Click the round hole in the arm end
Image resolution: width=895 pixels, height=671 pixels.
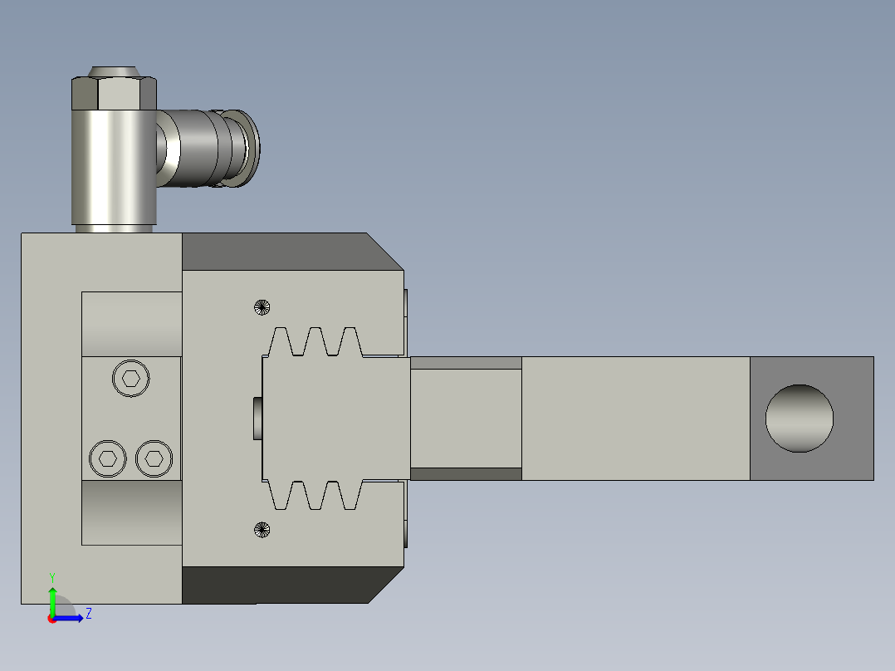click(799, 419)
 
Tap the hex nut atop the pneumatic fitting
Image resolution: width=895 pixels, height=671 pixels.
click(114, 93)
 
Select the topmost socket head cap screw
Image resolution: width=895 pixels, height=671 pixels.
click(130, 379)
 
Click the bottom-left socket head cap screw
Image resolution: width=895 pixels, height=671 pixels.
click(107, 458)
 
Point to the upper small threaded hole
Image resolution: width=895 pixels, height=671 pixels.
click(262, 306)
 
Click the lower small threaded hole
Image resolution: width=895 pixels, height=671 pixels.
click(262, 529)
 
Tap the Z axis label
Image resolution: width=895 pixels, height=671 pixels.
click(88, 614)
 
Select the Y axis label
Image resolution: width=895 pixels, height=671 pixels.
click(52, 576)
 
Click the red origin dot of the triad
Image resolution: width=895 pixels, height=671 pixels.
click(51, 619)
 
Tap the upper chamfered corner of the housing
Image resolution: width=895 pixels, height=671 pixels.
click(384, 252)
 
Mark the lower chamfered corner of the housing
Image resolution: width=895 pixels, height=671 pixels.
click(384, 586)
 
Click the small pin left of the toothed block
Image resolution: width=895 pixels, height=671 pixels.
click(257, 419)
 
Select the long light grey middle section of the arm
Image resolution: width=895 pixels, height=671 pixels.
click(635, 419)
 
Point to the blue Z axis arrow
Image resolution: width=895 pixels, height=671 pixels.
click(71, 618)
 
